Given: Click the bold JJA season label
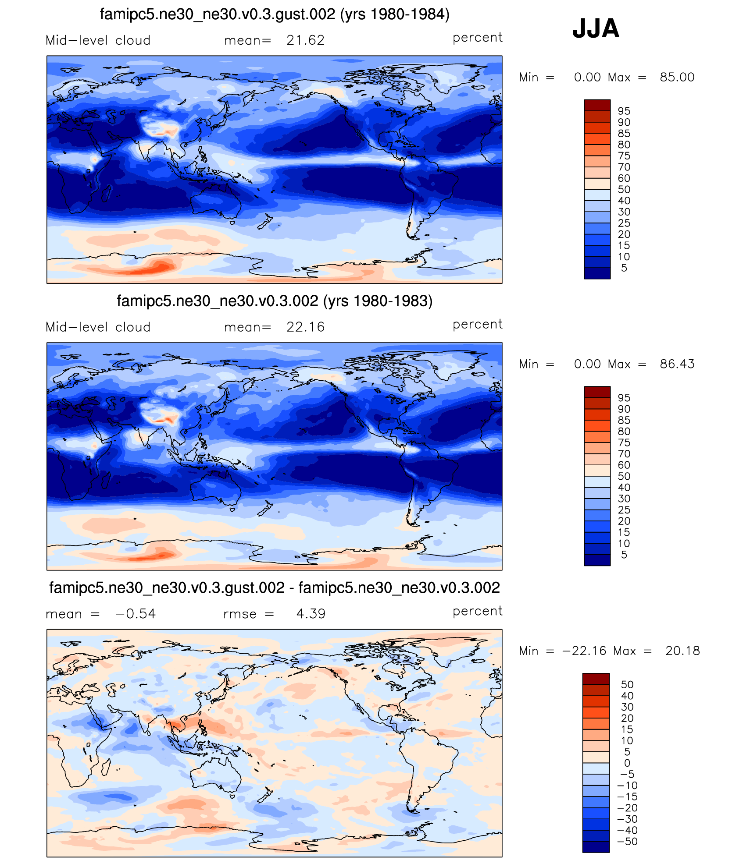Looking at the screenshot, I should pos(596,29).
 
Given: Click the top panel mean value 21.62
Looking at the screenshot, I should pos(305,40).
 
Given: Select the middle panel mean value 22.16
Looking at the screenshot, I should pos(305,327).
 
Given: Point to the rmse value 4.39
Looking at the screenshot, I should pos(311,614).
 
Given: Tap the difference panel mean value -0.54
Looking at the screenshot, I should pos(136,614).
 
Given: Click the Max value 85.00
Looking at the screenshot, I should pos(677,78).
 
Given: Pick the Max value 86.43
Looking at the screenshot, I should pos(677,364).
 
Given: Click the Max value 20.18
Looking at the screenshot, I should pos(682,651).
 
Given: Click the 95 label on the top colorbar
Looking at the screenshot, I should pos(624,111).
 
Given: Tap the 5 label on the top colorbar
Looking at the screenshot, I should pos(624,268).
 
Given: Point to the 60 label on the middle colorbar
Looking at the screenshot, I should pos(624,465).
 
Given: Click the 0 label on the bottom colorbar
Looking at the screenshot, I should pos(627,763).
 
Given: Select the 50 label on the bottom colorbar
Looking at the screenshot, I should pos(627,685).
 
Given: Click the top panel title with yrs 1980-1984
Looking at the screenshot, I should pos(275,14).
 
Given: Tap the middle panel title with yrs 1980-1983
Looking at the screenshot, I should pos(275,301).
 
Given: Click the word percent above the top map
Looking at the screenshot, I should pos(477,38).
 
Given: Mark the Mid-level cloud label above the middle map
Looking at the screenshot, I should pos(98,327).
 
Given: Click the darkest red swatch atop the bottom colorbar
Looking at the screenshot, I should pos(596,679).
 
